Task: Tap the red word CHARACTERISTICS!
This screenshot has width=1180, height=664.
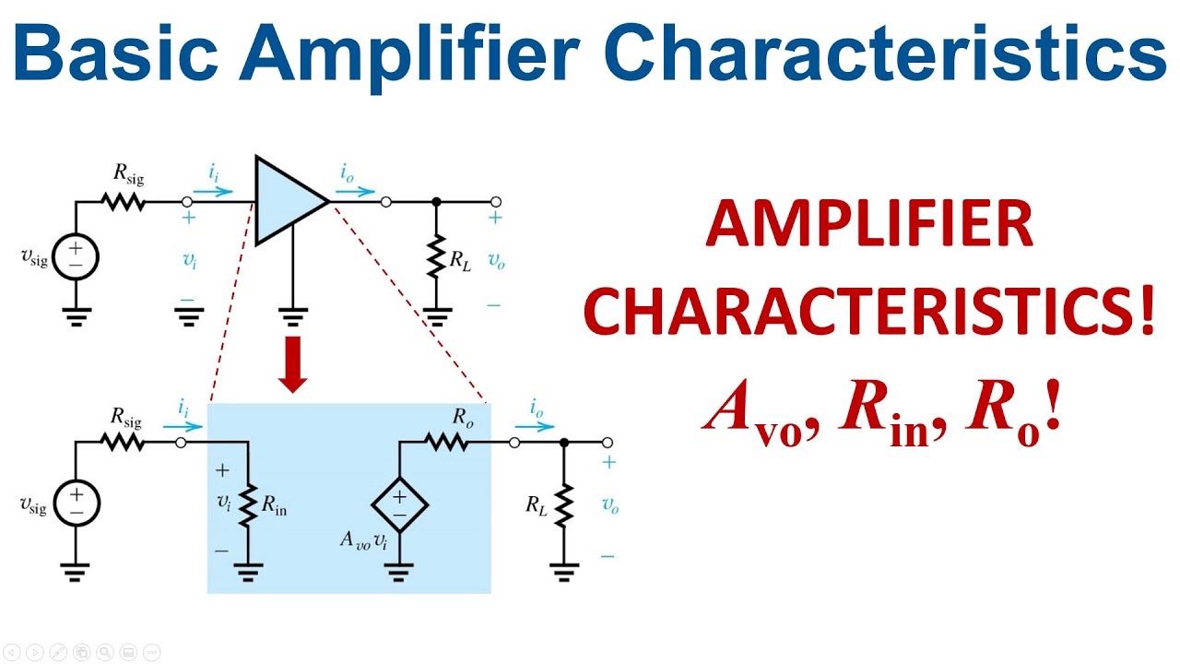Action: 868,311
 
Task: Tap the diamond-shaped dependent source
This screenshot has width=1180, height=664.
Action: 399,504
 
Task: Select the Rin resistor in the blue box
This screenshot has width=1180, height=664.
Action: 247,504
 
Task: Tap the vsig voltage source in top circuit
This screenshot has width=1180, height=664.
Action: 76,256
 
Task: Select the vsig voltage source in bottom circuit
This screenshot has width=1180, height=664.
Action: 76,504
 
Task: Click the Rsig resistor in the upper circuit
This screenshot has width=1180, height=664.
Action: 124,201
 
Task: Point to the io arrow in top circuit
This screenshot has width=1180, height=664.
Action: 358,192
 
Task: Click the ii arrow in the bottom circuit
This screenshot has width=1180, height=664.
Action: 183,426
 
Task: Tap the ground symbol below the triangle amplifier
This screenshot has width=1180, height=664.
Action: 293,320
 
